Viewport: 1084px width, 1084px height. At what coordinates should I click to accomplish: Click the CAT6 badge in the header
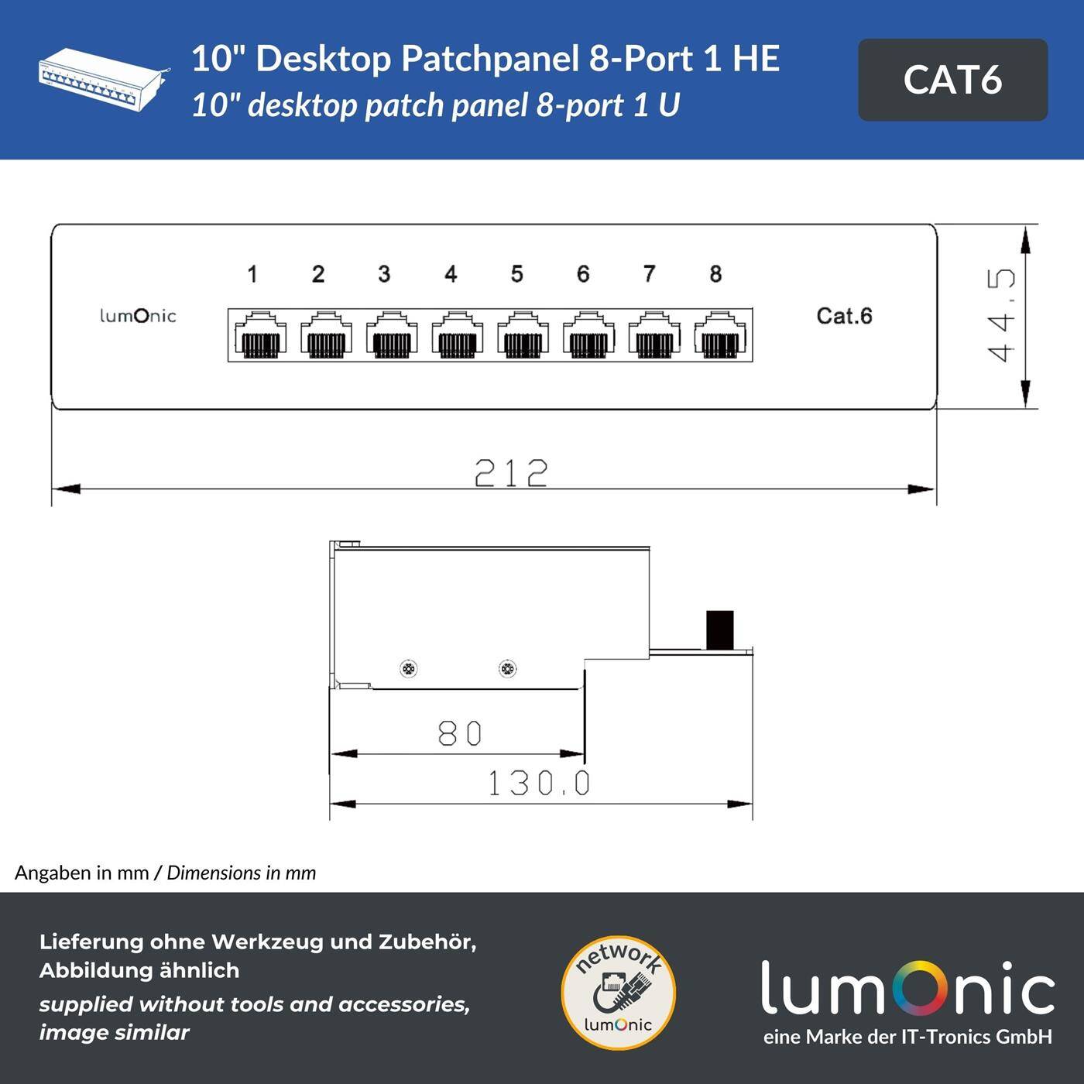pyautogui.click(x=952, y=80)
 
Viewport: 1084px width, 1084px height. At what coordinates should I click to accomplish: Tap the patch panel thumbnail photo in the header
pyautogui.click(x=103, y=80)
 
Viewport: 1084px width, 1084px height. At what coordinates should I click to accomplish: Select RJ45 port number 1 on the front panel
pyautogui.click(x=260, y=334)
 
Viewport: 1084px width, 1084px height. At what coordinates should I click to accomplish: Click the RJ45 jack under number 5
pyautogui.click(x=523, y=334)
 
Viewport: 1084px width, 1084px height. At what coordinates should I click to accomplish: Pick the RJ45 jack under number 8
pyautogui.click(x=720, y=334)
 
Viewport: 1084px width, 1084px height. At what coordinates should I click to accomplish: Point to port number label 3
pyautogui.click(x=384, y=274)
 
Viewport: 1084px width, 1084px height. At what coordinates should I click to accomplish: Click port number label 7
pyautogui.click(x=649, y=274)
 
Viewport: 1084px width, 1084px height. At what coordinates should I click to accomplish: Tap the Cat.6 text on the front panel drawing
pyautogui.click(x=844, y=316)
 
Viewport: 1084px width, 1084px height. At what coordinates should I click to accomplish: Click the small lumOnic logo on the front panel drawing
pyautogui.click(x=138, y=316)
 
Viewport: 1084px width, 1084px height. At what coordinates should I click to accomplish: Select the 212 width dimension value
pyautogui.click(x=511, y=472)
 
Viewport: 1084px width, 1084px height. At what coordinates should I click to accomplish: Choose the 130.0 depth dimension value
pyautogui.click(x=538, y=784)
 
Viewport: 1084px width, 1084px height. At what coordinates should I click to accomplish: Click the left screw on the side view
pyautogui.click(x=409, y=668)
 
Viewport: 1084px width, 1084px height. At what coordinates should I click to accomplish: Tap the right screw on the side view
pyautogui.click(x=507, y=668)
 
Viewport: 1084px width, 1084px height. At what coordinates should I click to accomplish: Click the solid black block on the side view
pyautogui.click(x=719, y=629)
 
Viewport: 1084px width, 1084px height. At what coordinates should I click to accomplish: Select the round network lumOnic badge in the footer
pyautogui.click(x=618, y=993)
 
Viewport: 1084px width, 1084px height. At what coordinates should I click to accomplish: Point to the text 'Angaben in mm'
pyautogui.click(x=81, y=873)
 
